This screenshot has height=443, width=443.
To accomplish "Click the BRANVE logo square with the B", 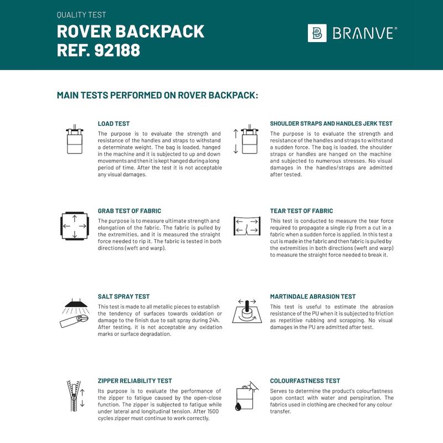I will click(317, 33).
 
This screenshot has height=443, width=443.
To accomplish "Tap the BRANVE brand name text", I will click(364, 33).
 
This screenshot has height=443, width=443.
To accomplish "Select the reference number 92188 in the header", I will click(118, 50).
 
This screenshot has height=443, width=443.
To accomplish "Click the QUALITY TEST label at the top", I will click(81, 15).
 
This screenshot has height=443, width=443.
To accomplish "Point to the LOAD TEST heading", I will click(114, 123).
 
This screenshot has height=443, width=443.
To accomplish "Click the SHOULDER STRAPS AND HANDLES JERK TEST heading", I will click(331, 123).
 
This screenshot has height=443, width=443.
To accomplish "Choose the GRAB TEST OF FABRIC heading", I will click(129, 211).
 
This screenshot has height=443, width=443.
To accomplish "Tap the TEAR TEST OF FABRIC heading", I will click(301, 211).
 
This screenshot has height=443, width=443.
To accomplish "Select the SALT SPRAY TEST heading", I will click(123, 297).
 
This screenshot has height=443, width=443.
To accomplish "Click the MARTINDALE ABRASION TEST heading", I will click(313, 297).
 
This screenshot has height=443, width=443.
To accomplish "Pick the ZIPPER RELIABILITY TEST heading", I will click(135, 381).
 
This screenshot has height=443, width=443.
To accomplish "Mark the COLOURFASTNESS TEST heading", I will click(305, 381).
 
